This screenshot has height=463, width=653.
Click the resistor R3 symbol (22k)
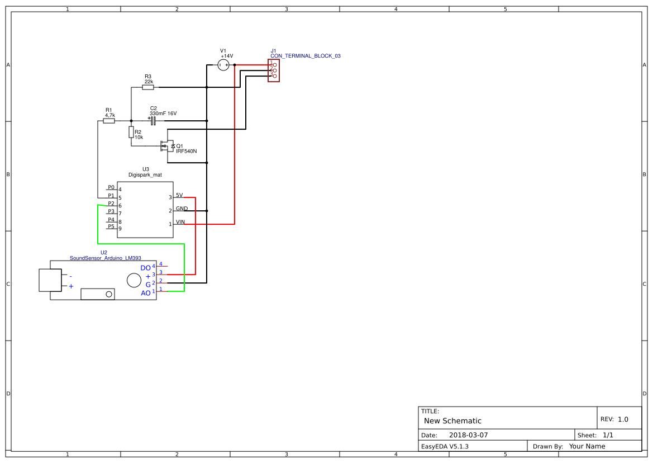pyautogui.click(x=148, y=87)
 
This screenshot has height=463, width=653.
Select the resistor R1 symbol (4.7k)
pyautogui.click(x=109, y=121)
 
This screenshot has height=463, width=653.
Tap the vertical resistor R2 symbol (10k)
pyautogui.click(x=131, y=132)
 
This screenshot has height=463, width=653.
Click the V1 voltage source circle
pyautogui.click(x=223, y=65)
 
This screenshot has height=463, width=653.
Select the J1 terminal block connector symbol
pyautogui.click(x=273, y=70)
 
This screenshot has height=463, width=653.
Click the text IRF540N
pyautogui.click(x=186, y=151)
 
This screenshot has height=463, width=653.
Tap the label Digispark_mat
pyautogui.click(x=145, y=174)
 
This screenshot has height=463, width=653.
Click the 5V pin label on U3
pyautogui.click(x=179, y=195)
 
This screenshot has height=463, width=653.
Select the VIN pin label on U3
pyautogui.click(x=180, y=222)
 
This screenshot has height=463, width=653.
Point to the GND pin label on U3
pyautogui.click(x=182, y=209)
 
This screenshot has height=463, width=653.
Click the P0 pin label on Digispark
pyautogui.click(x=111, y=187)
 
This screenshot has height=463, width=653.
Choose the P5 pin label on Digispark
pyautogui.click(x=111, y=226)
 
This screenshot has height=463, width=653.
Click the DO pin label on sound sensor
pyautogui.click(x=145, y=268)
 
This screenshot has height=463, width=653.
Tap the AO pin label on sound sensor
pyautogui.click(x=145, y=293)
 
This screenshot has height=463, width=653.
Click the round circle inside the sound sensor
pyautogui.click(x=134, y=280)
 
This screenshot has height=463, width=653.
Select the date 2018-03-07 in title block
pyautogui.click(x=468, y=435)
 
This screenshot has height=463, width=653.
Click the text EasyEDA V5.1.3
pyautogui.click(x=445, y=446)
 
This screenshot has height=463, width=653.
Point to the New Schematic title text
pyautogui.click(x=452, y=421)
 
